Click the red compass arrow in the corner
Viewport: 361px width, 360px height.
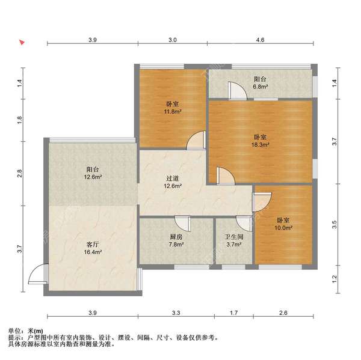tap(20, 43)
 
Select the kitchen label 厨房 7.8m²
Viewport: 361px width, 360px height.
tap(176, 241)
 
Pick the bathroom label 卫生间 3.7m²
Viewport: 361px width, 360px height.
tap(234, 241)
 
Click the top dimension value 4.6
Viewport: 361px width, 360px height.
tap(260, 40)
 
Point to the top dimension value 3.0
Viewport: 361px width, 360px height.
tap(172, 40)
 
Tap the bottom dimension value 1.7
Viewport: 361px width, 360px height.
tap(234, 313)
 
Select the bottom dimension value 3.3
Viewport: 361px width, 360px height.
tap(176, 313)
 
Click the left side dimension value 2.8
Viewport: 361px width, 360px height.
tap(20, 173)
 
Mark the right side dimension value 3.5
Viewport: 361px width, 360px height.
tap(335, 225)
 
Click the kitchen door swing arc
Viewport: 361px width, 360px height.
tap(184, 223)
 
